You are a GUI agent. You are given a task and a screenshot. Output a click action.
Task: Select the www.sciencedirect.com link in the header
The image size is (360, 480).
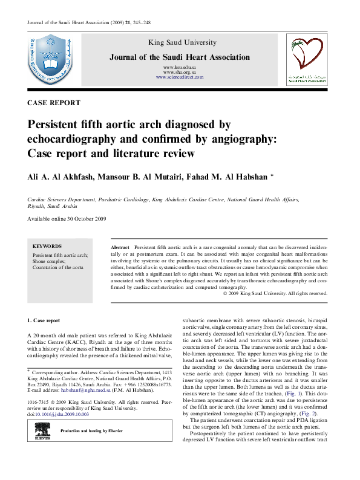[179, 78]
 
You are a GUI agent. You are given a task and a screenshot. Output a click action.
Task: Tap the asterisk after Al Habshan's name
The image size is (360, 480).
[272, 175]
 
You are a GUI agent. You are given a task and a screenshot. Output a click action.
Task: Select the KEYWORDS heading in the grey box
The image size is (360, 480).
[47, 247]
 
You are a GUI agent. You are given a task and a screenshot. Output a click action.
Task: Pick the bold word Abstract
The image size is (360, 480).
[121, 248]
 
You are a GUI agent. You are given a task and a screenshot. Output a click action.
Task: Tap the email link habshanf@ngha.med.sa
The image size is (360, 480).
[77, 392]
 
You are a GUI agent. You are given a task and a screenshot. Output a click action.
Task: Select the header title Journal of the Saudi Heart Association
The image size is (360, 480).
[179, 57]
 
